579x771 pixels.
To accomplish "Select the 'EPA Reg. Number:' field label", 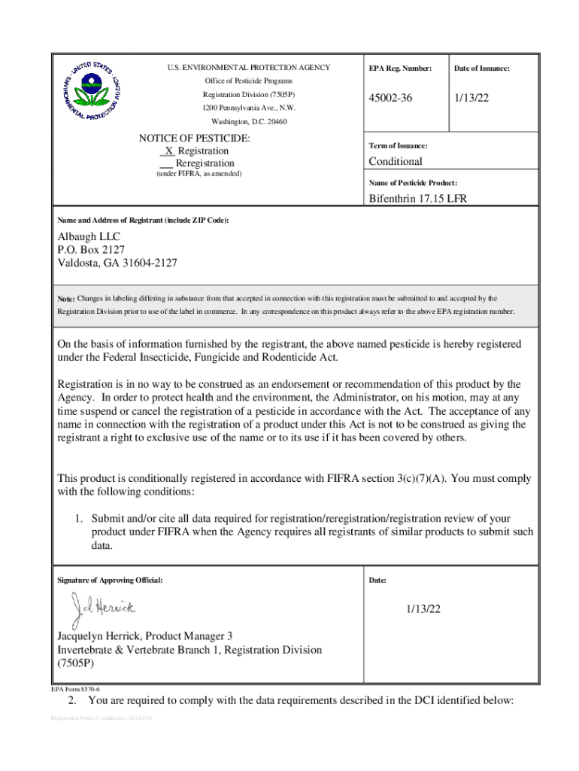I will [x=400, y=69].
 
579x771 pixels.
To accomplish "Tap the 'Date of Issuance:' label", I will [x=481, y=69].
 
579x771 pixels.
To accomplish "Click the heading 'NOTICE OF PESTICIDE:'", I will [x=195, y=139].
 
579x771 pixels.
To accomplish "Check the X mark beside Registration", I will [x=168, y=151].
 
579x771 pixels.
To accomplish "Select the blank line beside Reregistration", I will [x=166, y=163].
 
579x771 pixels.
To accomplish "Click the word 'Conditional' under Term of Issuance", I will [x=395, y=161].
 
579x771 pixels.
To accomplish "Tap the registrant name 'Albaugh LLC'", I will [x=89, y=236].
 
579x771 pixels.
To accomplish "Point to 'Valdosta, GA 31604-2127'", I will [x=117, y=263].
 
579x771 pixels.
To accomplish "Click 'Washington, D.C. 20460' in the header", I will [x=248, y=121].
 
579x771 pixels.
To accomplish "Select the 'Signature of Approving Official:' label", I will [x=109, y=581].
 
